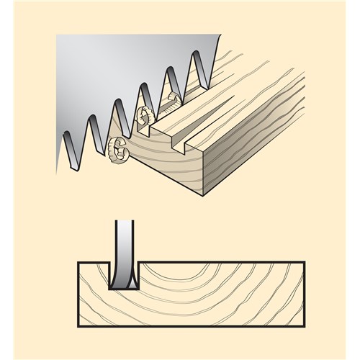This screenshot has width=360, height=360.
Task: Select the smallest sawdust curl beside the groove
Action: (x=171, y=99)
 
